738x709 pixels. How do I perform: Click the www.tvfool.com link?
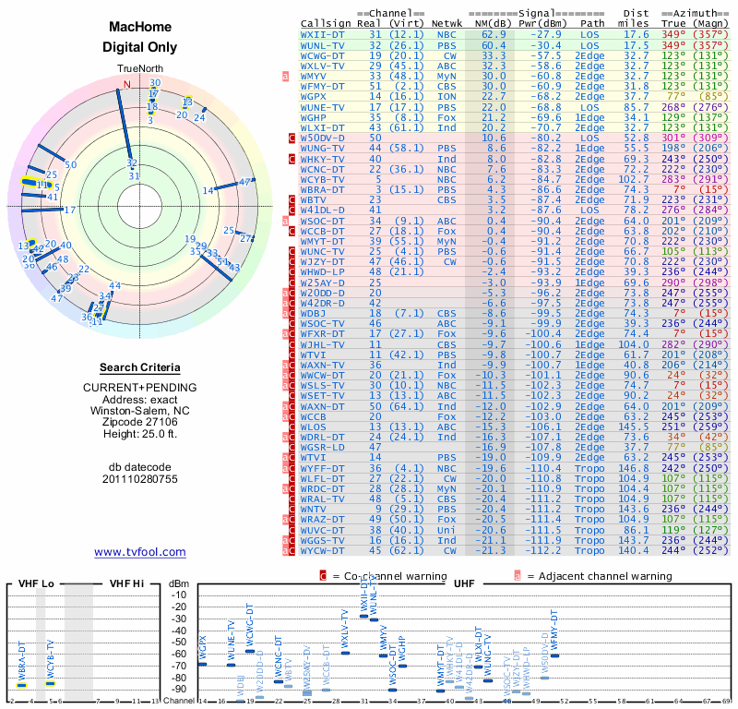pyautogui.click(x=140, y=552)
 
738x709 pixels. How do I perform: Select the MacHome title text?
pyautogui.click(x=140, y=29)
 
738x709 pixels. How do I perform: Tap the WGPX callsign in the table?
pyautogui.click(x=315, y=96)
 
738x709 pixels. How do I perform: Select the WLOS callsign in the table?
pyautogui.click(x=315, y=427)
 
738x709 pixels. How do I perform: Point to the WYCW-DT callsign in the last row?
pyautogui.click(x=324, y=550)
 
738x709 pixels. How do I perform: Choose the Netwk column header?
pyautogui.click(x=446, y=22)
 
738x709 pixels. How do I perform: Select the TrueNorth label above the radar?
pyautogui.click(x=140, y=69)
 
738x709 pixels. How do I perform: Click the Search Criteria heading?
pyautogui.click(x=140, y=367)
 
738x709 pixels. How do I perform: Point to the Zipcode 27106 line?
pyautogui.click(x=140, y=420)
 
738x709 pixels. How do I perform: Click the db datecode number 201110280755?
pyautogui.click(x=140, y=479)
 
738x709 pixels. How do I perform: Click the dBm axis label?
pyautogui.click(x=178, y=583)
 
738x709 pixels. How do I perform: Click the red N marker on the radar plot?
pyautogui.click(x=127, y=85)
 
